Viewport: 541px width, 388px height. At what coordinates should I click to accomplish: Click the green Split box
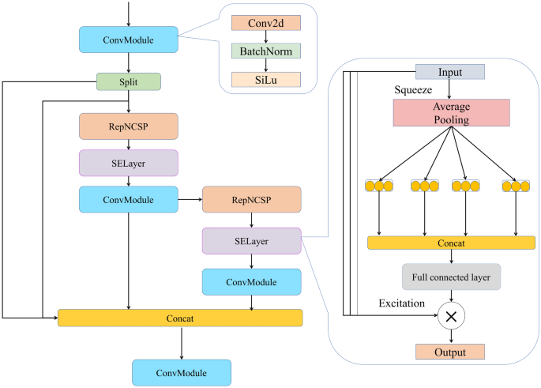coord(129,81)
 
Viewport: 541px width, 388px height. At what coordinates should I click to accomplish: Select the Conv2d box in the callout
coord(260,24)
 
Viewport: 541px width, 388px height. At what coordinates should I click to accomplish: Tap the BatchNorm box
coord(260,51)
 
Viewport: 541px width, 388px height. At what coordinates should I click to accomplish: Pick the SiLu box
coord(260,79)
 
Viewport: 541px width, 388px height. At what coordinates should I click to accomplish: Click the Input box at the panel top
coord(451,72)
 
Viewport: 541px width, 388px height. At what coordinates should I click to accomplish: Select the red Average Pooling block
coord(451,113)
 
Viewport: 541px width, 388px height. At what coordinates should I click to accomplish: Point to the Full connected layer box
coord(451,278)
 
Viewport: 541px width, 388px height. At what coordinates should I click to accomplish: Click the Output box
coord(451,352)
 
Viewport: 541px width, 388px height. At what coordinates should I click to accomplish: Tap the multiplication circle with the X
coord(451,315)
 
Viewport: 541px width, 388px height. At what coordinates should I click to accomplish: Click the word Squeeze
coord(413,90)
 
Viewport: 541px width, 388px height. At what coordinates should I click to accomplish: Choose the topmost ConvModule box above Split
coord(129,39)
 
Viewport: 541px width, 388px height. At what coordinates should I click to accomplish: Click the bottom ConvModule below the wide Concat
coord(182,372)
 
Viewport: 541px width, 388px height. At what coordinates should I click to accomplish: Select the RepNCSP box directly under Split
coord(129,126)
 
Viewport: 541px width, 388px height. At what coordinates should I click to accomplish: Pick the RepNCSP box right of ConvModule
coord(251,199)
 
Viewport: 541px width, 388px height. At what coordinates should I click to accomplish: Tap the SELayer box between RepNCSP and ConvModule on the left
coord(129,163)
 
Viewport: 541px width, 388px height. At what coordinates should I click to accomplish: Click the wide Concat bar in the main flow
coord(181,318)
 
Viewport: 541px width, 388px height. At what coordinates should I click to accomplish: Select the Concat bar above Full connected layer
coord(451,243)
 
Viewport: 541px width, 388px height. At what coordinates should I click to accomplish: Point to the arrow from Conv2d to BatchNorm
coord(260,37)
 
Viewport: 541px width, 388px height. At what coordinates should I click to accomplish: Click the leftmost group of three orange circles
coord(380,186)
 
